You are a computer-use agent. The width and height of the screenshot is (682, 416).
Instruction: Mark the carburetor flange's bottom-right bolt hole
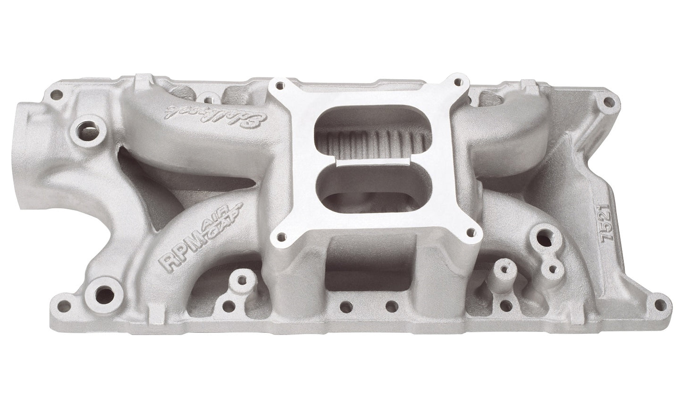click(471, 229)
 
